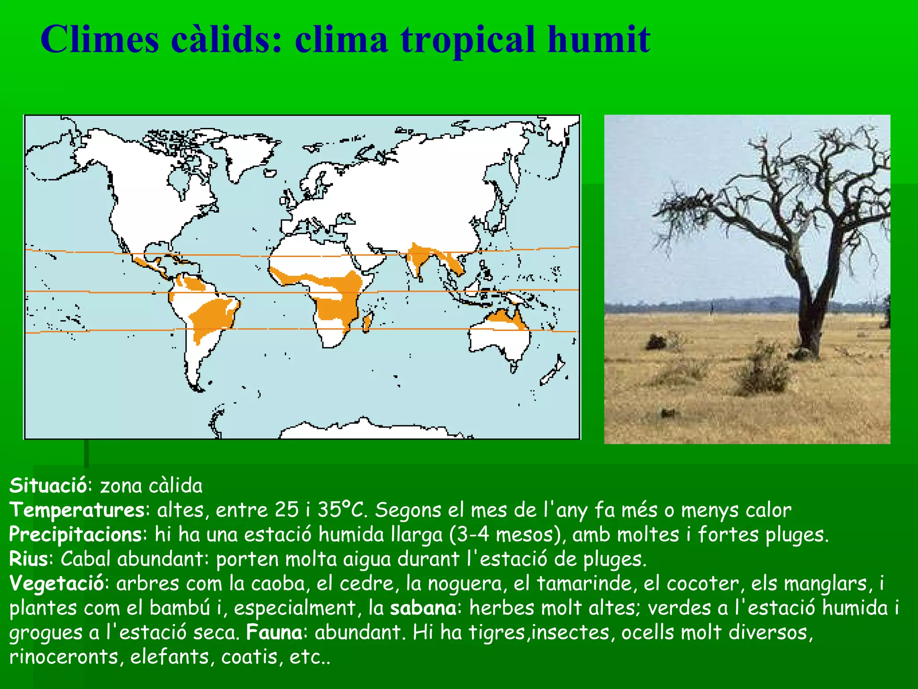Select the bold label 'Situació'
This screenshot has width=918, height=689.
[48, 486]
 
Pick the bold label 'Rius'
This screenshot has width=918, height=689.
[29, 559]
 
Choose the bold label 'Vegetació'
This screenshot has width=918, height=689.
[57, 584]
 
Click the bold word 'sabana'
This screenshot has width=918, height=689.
[423, 608]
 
